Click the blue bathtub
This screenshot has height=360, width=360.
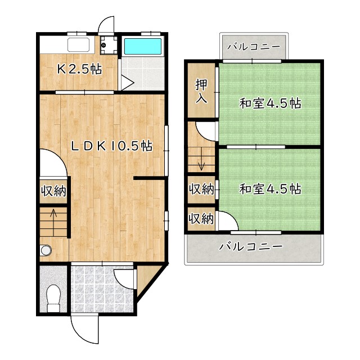click(142, 46)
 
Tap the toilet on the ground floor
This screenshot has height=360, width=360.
click(53, 298)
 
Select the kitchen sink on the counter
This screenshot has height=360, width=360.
click(78, 45)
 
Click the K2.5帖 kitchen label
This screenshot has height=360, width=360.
click(79, 69)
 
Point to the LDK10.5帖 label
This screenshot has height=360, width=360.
click(111, 146)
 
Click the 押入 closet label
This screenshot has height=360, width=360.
click(201, 91)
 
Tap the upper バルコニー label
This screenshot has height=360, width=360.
click(254, 47)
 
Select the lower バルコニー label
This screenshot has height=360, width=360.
click(251, 247)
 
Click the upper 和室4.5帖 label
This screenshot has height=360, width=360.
click(270, 103)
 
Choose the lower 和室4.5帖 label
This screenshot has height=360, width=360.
click(270, 189)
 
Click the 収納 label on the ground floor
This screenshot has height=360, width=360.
click(54, 191)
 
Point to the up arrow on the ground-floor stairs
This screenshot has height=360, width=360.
click(54, 222)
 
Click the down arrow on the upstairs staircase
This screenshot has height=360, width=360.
click(201, 159)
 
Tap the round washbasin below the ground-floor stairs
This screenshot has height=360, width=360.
click(46, 250)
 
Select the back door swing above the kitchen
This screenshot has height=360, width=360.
click(106, 24)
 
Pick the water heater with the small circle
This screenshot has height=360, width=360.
click(109, 45)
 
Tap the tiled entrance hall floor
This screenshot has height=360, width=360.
click(102, 289)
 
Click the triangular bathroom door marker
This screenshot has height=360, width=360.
click(127, 82)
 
